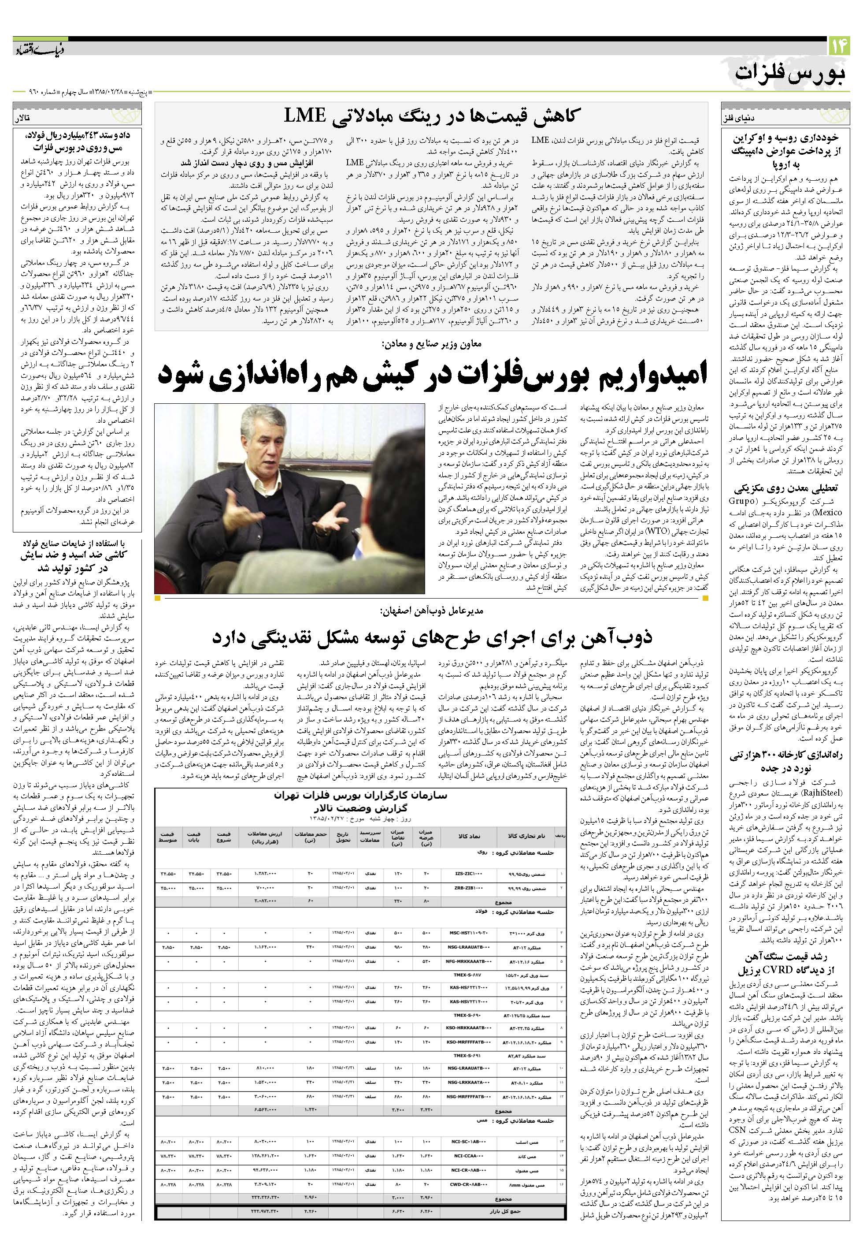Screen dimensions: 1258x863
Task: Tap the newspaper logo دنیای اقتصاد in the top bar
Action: pos(34,47)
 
